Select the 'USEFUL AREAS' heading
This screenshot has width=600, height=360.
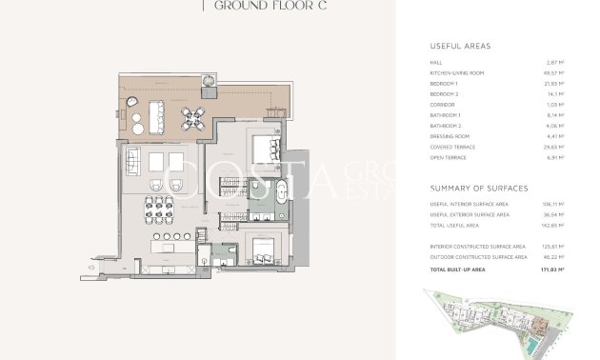(x=462, y=46)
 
